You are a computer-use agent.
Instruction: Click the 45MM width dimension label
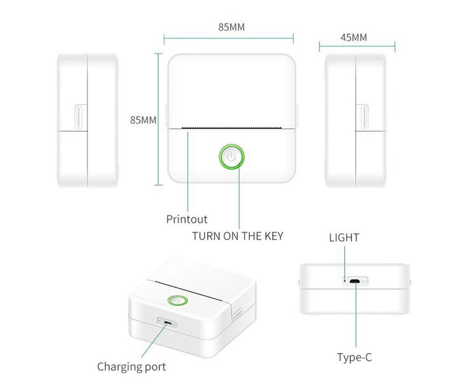click(x=354, y=38)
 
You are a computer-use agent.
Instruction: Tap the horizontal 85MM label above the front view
click(x=231, y=27)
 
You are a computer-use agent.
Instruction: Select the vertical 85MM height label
click(x=143, y=120)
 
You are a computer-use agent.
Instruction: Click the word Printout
click(x=187, y=219)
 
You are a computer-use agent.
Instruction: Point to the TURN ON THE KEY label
click(x=238, y=236)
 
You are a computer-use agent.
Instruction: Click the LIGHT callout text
click(x=344, y=237)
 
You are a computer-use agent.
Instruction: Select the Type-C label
click(x=354, y=357)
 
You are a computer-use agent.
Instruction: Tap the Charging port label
click(x=131, y=367)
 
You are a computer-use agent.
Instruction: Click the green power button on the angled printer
click(x=178, y=300)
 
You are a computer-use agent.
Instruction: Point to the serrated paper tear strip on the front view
click(x=232, y=128)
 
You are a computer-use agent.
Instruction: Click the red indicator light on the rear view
click(x=345, y=281)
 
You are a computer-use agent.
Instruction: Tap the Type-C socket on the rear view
click(x=355, y=281)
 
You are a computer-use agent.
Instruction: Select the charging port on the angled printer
click(x=168, y=323)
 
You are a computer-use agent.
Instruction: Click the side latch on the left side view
click(x=80, y=117)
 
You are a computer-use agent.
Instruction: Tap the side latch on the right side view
click(x=363, y=117)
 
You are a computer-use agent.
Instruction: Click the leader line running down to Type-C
click(x=356, y=315)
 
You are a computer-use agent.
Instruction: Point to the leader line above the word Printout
click(x=188, y=172)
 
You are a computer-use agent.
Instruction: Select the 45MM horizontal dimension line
click(x=357, y=47)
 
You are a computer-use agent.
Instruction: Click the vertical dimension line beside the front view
click(x=159, y=119)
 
